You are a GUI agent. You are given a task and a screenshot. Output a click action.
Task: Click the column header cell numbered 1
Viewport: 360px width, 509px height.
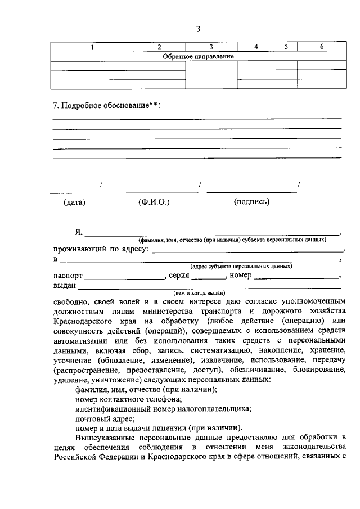tap(92, 47)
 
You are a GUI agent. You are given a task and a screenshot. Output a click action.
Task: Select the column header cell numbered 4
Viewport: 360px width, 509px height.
tap(256, 47)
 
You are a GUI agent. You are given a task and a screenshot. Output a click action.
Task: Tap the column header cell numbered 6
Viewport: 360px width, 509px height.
tap(321, 47)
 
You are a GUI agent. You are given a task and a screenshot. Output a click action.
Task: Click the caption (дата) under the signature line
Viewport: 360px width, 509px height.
tap(74, 202)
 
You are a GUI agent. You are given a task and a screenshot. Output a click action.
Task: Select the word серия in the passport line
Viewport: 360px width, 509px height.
tap(179, 276)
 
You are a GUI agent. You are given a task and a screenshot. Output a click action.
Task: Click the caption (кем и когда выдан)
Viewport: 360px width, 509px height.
tap(199, 293)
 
